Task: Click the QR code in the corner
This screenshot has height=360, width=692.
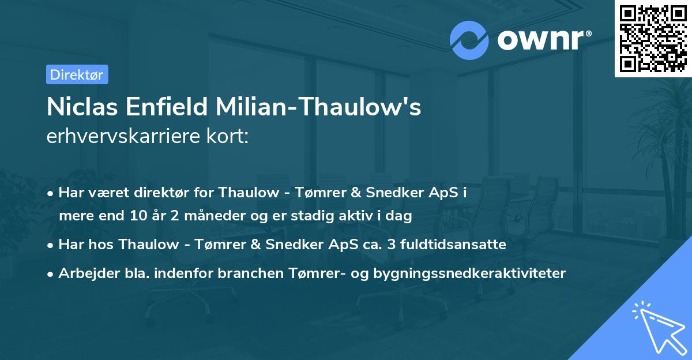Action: point(653,39)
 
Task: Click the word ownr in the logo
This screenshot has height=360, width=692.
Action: point(540,40)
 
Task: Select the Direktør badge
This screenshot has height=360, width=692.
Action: point(77,74)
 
